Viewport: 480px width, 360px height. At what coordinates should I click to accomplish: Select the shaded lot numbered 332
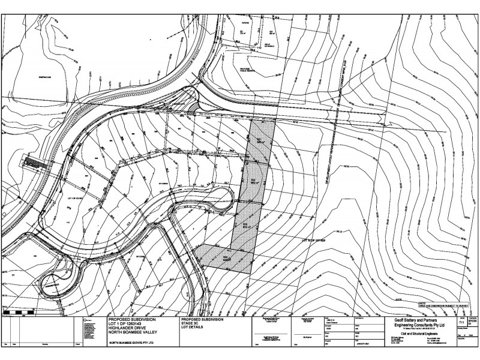click(x=252, y=183)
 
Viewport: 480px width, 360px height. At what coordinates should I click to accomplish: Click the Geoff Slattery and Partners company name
click(x=410, y=321)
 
